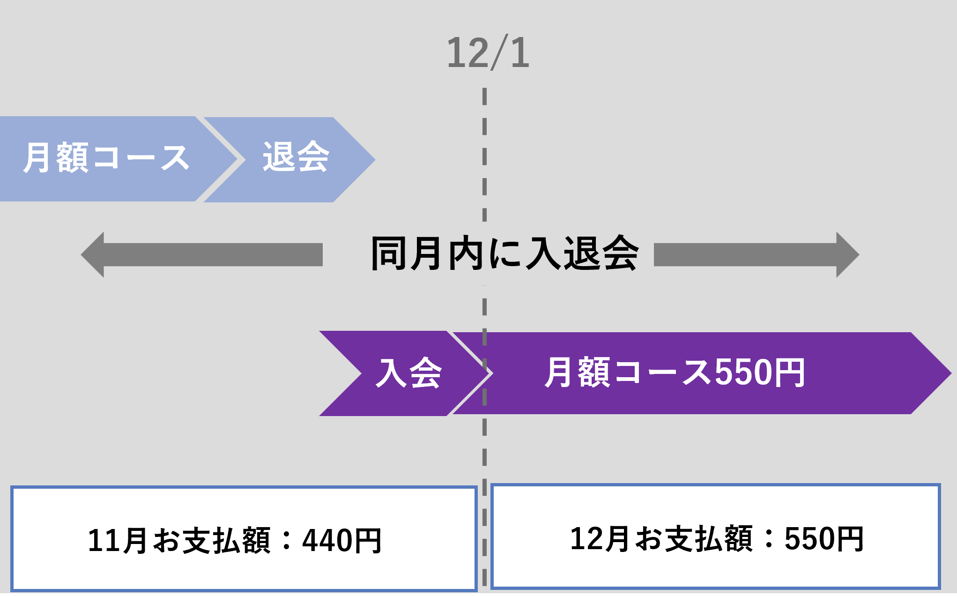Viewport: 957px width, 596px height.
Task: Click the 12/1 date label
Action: tap(488, 53)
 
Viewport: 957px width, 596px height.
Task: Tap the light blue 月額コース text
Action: tap(106, 158)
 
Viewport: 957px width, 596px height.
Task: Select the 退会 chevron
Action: tap(289, 160)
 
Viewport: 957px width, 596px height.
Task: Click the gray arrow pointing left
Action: tap(201, 255)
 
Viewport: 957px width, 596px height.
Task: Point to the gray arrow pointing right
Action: tap(757, 255)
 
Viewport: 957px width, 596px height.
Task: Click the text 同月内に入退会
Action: tap(504, 253)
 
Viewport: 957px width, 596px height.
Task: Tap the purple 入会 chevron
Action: tap(406, 373)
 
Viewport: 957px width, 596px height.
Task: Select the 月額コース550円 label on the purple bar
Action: tap(675, 372)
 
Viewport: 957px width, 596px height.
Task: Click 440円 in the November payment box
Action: tap(342, 541)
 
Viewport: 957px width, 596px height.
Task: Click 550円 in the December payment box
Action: tap(824, 539)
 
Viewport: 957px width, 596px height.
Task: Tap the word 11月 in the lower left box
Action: tap(118, 541)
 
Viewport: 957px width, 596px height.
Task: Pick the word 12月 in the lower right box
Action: tap(600, 539)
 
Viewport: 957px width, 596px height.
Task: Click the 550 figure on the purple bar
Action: tap(742, 372)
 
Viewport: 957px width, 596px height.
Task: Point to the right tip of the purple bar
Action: tap(951, 373)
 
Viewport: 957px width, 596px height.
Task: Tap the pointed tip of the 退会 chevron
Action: tap(375, 160)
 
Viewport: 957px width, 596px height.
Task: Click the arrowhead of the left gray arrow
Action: tap(92, 255)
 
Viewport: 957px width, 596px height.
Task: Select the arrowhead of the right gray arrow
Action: tap(848, 255)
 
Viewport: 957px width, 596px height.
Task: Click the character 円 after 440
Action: tap(368, 541)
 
